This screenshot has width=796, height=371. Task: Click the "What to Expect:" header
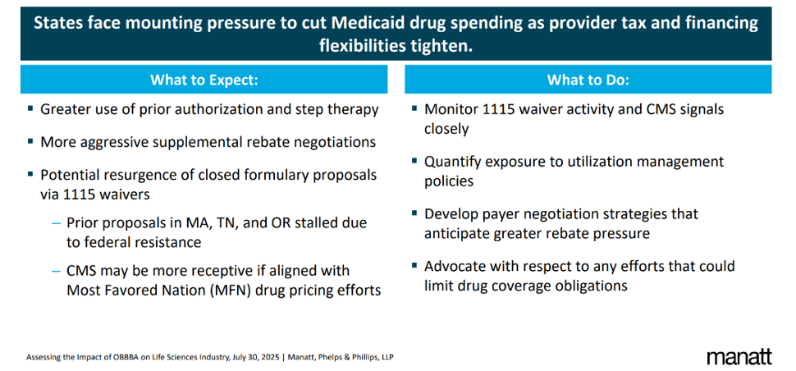coord(204,80)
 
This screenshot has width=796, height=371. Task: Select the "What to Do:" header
coord(588,80)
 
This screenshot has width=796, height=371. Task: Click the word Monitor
coord(451,109)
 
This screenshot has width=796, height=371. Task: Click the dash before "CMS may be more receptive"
coord(56,271)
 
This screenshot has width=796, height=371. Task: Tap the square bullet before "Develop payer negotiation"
coord(413,213)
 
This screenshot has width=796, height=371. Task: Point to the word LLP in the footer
coord(394,357)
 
